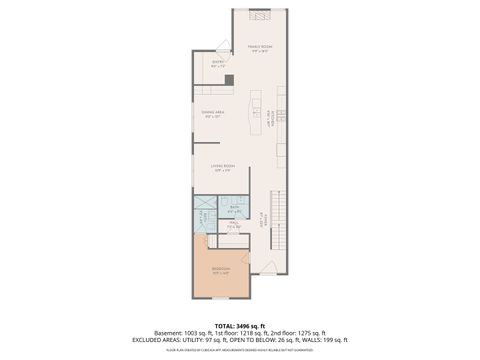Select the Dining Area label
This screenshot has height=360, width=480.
(x=212, y=115)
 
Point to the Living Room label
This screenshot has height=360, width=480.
(x=222, y=168)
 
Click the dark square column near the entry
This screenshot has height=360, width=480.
(x=229, y=80)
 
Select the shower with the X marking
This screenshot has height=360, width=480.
(x=202, y=218)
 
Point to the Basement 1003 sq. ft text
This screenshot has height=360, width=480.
(x=186, y=333)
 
